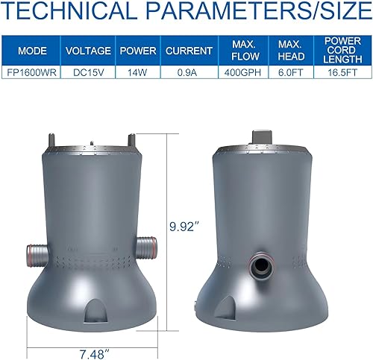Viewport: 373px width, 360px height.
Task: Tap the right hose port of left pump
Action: [146, 246]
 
